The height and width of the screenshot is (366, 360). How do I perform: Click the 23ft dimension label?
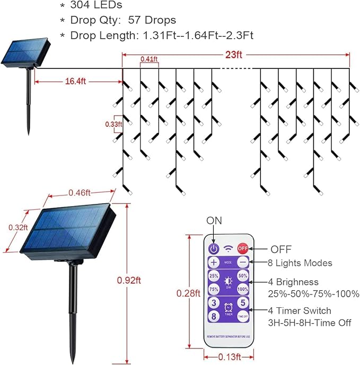click(233, 53)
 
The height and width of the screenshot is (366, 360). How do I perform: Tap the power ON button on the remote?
click(214, 248)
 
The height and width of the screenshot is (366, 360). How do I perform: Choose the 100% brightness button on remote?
click(243, 289)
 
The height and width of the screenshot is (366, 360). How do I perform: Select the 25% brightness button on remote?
click(214, 276)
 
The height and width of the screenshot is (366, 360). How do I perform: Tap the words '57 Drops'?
click(152, 20)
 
